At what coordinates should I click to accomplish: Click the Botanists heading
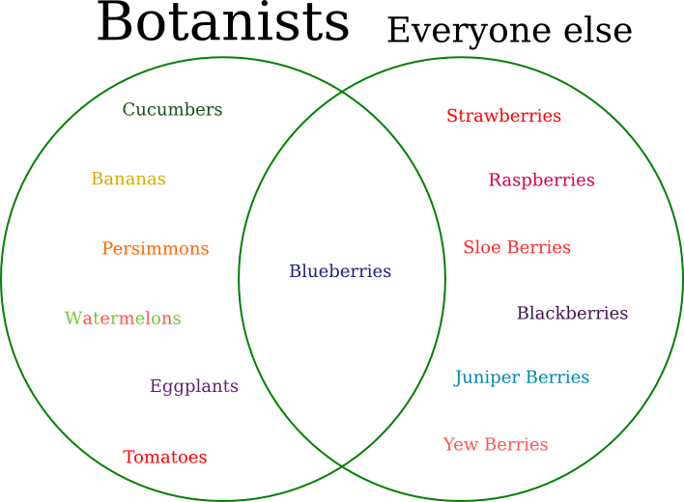click(223, 22)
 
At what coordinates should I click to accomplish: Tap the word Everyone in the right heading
click(469, 31)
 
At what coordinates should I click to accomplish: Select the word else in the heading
click(598, 30)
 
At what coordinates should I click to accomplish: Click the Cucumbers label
click(172, 109)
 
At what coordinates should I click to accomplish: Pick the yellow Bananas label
click(128, 179)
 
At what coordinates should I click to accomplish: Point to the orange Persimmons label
click(156, 248)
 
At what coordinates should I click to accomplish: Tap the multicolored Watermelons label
click(123, 319)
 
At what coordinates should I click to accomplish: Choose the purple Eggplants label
click(194, 386)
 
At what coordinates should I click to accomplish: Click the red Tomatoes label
click(165, 457)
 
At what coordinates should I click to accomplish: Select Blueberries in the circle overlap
click(340, 270)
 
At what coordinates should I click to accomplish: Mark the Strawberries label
click(504, 116)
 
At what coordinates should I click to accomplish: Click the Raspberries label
click(541, 181)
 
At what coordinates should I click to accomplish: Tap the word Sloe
click(482, 247)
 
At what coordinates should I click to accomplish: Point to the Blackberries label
click(572, 313)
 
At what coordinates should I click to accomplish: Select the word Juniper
click(487, 377)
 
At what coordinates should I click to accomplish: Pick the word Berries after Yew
click(516, 444)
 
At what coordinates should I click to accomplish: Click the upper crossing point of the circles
click(342, 93)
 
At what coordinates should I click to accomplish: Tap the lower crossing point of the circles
click(342, 466)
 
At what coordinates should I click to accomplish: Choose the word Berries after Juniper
click(557, 376)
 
